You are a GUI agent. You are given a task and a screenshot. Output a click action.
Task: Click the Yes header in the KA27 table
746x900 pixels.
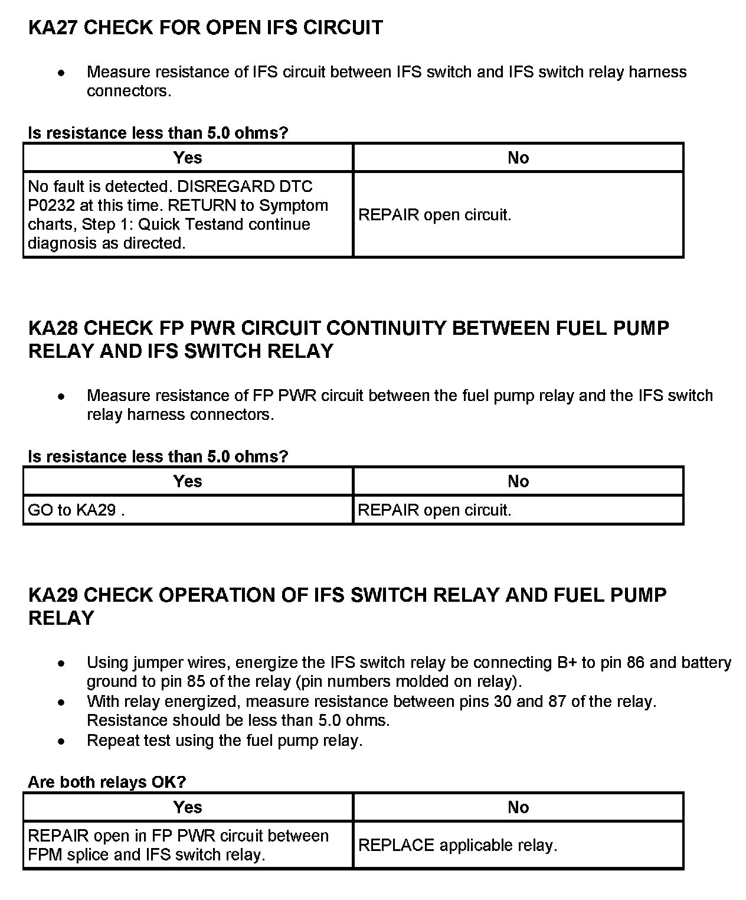(x=188, y=158)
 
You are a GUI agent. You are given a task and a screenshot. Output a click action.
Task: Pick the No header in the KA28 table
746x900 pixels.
(x=518, y=481)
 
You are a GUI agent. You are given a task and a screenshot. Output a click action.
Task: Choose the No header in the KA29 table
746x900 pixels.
(x=518, y=807)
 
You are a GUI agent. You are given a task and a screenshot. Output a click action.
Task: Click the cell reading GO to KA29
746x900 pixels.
(x=76, y=510)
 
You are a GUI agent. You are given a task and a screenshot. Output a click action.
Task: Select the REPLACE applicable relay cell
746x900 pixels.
(x=457, y=846)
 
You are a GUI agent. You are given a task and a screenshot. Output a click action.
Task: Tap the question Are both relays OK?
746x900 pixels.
(x=107, y=782)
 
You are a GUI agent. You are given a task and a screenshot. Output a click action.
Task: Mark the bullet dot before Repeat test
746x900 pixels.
(x=61, y=741)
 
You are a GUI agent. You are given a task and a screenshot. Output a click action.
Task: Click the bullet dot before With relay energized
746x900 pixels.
(x=61, y=702)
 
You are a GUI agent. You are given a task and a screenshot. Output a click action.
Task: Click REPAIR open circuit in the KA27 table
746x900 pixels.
(x=434, y=215)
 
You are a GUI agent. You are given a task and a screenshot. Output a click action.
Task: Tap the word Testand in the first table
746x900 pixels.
(x=217, y=224)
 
